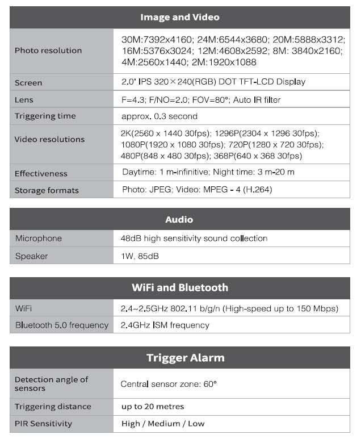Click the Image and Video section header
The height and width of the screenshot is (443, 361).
179,17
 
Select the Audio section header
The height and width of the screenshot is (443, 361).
179,219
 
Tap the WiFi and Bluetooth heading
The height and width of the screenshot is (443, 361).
179,287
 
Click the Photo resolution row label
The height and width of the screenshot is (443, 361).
48,51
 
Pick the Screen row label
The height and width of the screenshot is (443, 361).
28,82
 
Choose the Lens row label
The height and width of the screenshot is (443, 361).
24,99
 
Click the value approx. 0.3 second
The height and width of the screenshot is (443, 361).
159,116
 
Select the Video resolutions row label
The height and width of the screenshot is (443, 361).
49,139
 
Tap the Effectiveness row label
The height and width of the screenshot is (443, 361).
41,173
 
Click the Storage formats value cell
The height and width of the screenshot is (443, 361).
197,190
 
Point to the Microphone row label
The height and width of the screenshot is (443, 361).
39,238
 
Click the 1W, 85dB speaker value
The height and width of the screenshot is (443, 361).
140,256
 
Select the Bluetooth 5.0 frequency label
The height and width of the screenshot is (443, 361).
61,325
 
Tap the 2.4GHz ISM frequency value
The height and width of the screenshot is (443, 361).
165,325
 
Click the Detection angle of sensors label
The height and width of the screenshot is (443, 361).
51,384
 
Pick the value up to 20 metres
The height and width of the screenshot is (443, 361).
153,407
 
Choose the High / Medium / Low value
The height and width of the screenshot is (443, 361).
163,424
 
